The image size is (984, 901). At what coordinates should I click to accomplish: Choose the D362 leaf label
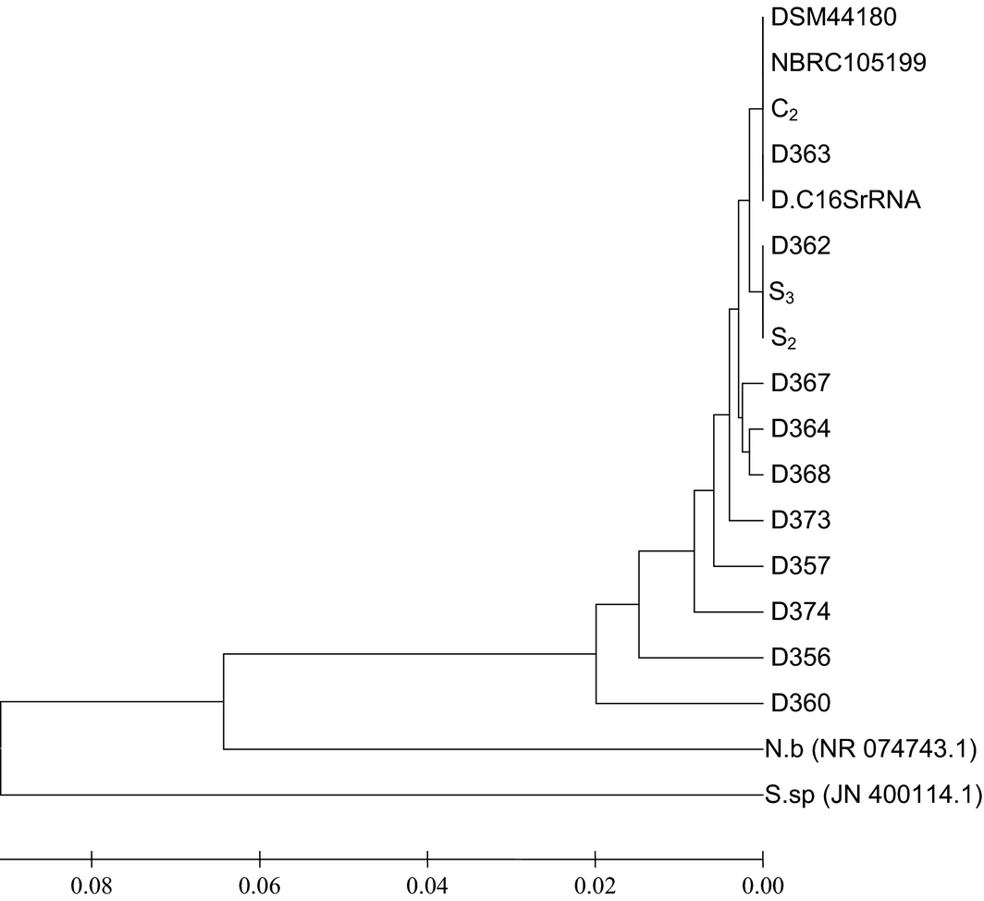click(801, 246)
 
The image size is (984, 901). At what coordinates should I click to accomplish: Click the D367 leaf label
click(801, 383)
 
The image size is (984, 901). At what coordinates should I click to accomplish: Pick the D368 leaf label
click(801, 475)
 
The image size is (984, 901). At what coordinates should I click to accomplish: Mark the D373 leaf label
click(801, 521)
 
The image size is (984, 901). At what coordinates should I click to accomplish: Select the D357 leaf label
click(801, 565)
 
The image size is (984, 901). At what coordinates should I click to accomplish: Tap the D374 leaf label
click(801, 611)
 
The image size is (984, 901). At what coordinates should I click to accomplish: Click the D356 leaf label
click(801, 658)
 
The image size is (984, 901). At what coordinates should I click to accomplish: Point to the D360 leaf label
click(801, 703)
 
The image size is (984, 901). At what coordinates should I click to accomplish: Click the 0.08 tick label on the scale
click(92, 871)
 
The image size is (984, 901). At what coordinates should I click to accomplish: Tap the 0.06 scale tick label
click(260, 871)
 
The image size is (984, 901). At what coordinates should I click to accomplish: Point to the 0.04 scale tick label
click(427, 871)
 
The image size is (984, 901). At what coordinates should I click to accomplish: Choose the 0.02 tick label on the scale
click(595, 871)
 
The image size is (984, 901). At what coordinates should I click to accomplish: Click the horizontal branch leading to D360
click(679, 704)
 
